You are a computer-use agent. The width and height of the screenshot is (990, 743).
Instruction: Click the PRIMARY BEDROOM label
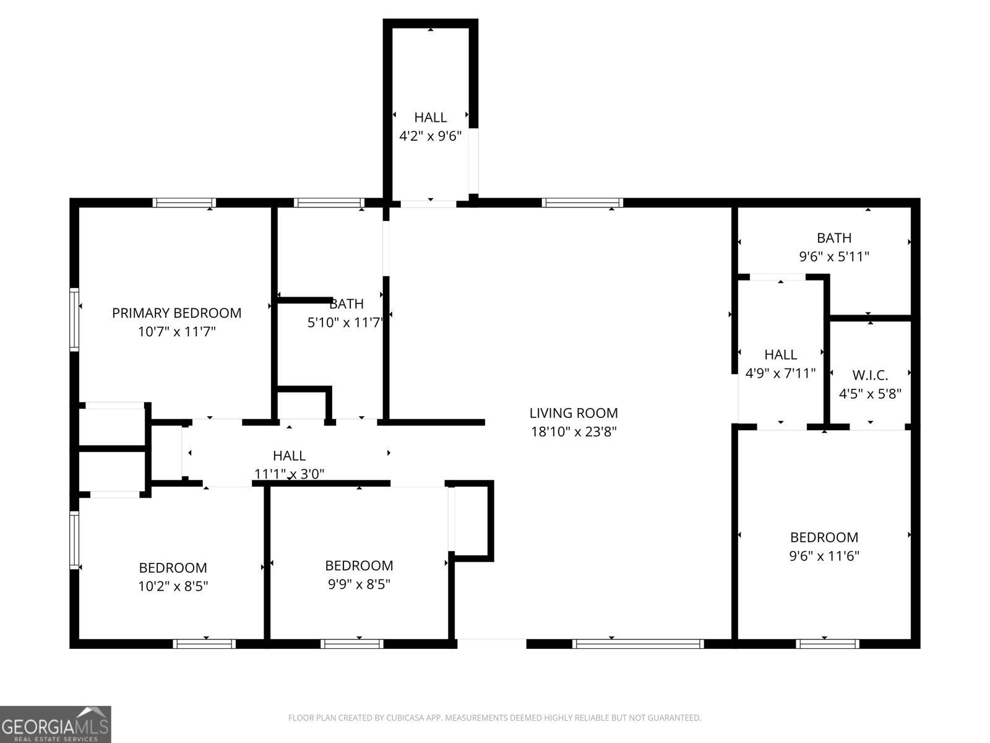[x=176, y=313]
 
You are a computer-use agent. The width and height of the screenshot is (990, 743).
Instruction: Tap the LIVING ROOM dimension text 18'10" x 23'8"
[x=574, y=432]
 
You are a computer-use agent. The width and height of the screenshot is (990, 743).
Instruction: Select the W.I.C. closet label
[x=870, y=375]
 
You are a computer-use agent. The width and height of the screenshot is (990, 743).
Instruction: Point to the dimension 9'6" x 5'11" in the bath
[x=834, y=256]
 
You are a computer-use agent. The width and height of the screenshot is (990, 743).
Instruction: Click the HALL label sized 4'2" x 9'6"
[x=430, y=117]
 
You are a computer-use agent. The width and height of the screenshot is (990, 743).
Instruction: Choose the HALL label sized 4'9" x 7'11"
[x=780, y=355]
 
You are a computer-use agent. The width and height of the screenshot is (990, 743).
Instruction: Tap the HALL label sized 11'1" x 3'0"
[x=289, y=456]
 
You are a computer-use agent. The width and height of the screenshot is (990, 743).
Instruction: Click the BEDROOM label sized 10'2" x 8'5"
[x=173, y=568]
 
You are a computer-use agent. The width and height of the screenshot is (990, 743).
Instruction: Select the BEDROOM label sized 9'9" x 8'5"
[x=359, y=565]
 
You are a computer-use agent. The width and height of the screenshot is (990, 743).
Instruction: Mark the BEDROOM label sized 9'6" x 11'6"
[x=824, y=537]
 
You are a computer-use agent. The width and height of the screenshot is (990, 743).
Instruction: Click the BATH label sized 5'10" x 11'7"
[x=346, y=304]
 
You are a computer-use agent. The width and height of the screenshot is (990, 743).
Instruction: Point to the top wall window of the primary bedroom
[x=184, y=202]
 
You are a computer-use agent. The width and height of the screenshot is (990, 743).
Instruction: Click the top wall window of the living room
[x=582, y=202]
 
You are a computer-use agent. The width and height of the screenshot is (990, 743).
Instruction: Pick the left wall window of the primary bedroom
[x=74, y=319]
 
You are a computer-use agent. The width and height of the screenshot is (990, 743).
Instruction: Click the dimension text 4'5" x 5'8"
[x=870, y=393]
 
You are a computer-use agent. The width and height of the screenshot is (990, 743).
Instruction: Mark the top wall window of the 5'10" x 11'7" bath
[x=329, y=202]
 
